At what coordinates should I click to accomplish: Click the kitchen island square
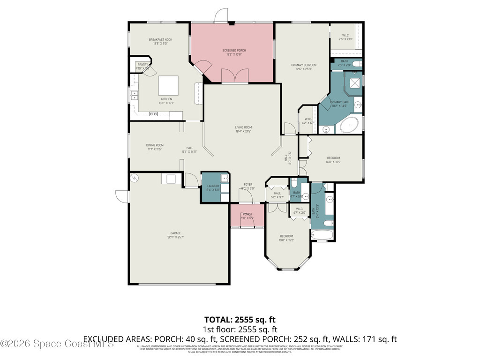[x=168, y=86]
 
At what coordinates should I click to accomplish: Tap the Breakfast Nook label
[x=160, y=40]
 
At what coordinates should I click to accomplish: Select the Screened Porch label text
[x=234, y=51]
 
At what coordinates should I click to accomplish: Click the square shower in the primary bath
[x=354, y=83]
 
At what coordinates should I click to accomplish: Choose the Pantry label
[x=142, y=65]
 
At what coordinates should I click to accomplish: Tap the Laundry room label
[x=213, y=186]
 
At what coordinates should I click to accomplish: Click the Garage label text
[x=175, y=233]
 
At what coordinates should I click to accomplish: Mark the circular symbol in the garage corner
[x=135, y=178]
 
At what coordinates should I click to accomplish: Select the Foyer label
[x=247, y=185]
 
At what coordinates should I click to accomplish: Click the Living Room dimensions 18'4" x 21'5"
[x=244, y=132]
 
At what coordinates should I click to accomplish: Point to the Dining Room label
[x=155, y=145]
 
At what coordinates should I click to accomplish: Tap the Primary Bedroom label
[x=303, y=65]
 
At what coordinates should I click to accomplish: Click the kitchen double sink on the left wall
[x=134, y=95]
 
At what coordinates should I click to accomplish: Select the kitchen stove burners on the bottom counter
[x=153, y=114]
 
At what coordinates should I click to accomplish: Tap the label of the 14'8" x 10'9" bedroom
[x=333, y=158]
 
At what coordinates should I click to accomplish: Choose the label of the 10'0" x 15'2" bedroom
[x=286, y=236]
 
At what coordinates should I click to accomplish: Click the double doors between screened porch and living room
[x=234, y=75]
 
